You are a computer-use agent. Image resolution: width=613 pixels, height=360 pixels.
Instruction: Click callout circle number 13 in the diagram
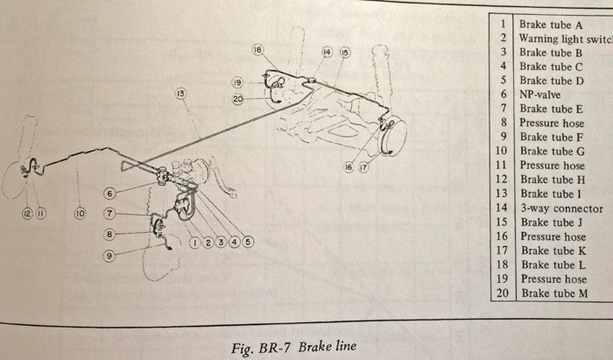pos(181,93)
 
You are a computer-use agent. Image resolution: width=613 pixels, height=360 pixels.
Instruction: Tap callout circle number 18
pos(257,52)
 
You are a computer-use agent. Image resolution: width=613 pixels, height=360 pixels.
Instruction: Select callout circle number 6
pos(110,194)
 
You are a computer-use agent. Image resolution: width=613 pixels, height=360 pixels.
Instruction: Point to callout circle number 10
pos(80,212)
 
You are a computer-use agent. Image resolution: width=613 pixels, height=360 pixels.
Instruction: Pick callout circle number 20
pos(236,99)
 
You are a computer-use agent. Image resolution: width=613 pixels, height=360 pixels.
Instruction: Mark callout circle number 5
pos(248,243)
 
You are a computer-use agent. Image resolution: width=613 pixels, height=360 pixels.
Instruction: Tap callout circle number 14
pos(327,53)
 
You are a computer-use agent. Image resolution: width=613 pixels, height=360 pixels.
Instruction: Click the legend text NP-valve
pos(543,94)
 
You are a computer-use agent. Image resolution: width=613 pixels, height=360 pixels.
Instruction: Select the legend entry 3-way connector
pos(560,208)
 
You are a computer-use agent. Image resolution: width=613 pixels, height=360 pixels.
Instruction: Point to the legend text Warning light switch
pos(563,39)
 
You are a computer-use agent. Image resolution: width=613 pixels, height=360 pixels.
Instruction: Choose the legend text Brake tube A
pos(551,25)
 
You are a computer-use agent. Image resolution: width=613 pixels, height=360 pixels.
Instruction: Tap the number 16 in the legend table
pos(503,236)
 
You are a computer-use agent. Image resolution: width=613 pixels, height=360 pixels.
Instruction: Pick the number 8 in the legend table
pos(504,124)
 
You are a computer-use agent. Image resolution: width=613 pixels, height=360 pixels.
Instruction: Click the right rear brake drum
pos(394,136)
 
